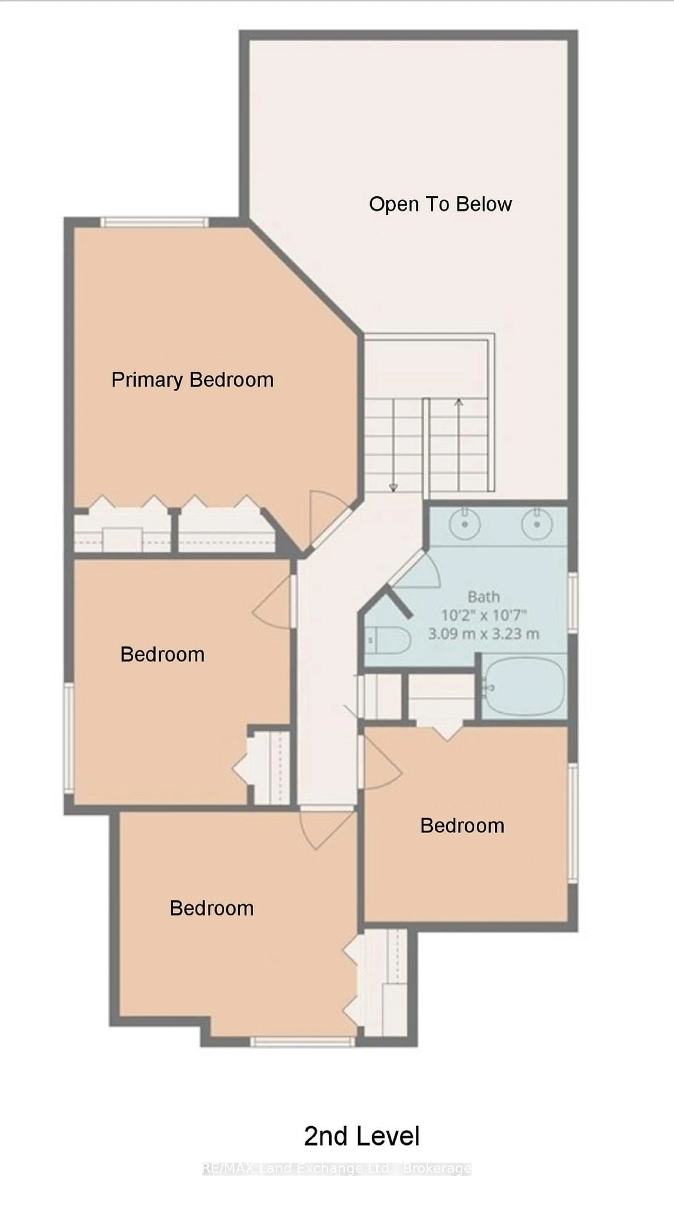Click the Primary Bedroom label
pos(192,380)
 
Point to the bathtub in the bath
pos(524,687)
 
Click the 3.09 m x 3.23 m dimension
pos(484,634)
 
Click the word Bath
pos(484,597)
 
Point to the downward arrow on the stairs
pos(393,487)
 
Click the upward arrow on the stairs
pos(459,403)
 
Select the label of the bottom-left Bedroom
pos(212,909)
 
